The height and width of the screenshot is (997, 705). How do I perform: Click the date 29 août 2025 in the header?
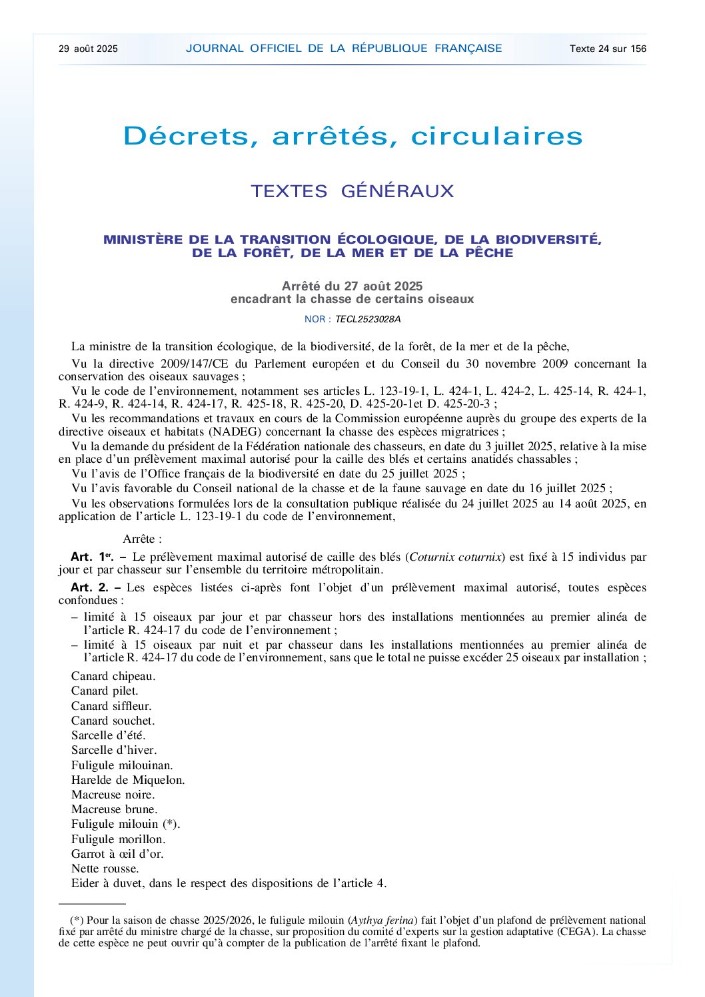click(88, 49)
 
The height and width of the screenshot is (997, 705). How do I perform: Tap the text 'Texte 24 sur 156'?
click(608, 49)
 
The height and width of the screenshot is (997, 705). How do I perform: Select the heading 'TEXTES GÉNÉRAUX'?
click(352, 192)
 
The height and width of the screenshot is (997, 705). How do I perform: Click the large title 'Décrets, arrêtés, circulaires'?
click(352, 137)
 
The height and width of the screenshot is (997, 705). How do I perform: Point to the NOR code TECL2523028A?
click(368, 319)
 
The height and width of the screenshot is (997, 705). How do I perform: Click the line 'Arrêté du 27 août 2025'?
click(352, 286)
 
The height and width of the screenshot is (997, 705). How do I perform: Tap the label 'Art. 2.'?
click(89, 587)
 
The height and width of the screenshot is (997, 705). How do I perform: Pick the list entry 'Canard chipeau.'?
click(113, 676)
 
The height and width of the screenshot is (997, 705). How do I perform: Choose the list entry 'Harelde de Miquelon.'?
click(128, 780)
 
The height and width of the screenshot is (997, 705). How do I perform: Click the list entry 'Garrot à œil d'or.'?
click(117, 854)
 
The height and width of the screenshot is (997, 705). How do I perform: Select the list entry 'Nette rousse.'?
click(105, 868)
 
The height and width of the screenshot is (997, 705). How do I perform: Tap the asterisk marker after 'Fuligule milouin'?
click(171, 824)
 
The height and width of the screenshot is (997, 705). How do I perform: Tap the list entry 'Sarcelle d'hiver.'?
click(114, 750)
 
